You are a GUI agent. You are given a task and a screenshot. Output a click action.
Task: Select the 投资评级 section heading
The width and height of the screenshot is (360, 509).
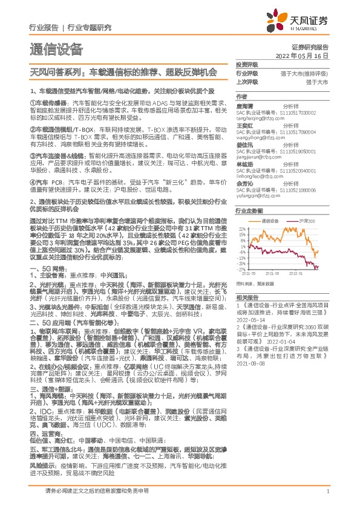pyautogui.click(x=247, y=64)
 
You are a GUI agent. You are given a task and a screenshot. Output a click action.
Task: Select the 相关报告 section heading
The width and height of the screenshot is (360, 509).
pyautogui.click(x=247, y=298)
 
